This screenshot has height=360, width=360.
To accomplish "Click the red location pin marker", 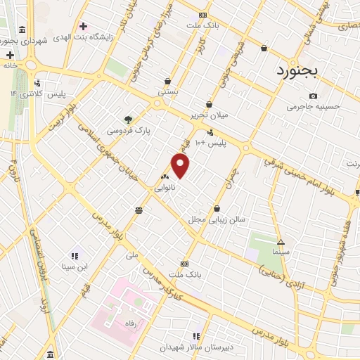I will (x=181, y=166).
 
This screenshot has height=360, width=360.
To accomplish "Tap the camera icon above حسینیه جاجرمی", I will (x=314, y=96).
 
